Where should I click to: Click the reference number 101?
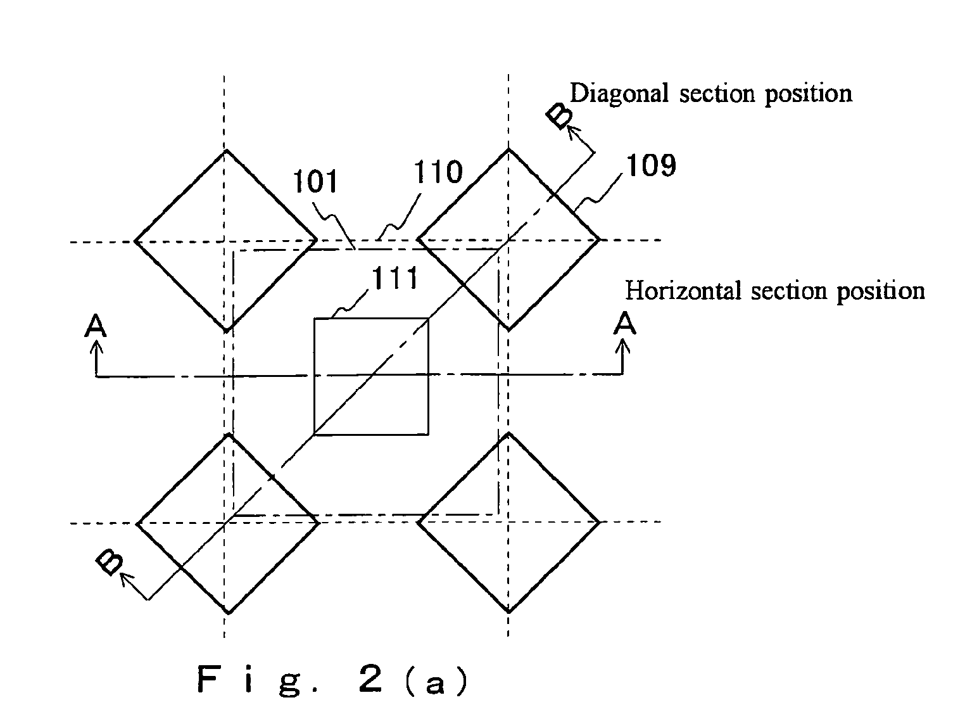(x=315, y=182)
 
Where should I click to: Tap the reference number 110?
(x=438, y=172)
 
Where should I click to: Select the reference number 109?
(x=651, y=165)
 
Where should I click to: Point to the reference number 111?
(x=394, y=278)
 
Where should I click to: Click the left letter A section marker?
(x=96, y=325)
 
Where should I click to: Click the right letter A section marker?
(x=625, y=323)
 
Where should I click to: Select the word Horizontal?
(x=683, y=291)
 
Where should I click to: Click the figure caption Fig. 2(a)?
(x=333, y=680)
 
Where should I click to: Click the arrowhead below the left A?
(x=96, y=347)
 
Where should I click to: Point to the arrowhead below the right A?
(x=622, y=347)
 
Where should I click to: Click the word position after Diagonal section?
(x=809, y=94)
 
